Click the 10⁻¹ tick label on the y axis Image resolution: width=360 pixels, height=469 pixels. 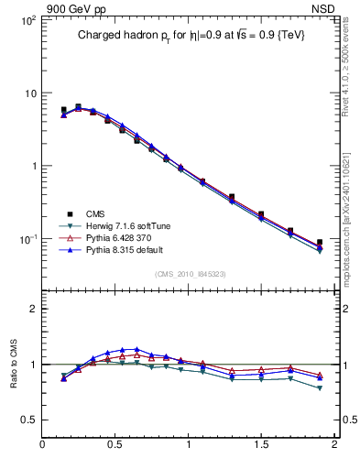(x=28, y=239)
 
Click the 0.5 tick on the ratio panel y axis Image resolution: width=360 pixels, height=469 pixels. (x=30, y=420)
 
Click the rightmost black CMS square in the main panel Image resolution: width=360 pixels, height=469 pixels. (x=320, y=243)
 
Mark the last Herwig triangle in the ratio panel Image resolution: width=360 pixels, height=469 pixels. (x=320, y=388)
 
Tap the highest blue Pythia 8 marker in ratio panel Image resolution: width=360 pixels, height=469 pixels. (x=136, y=350)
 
